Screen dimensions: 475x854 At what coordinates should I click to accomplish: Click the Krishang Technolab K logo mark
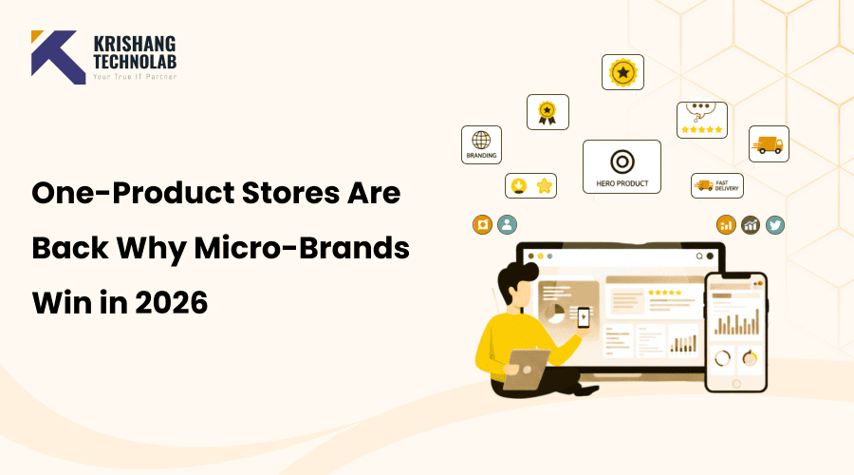(58, 56)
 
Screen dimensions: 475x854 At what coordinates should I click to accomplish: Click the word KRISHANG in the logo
(135, 45)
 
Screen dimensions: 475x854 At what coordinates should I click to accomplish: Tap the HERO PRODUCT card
(622, 166)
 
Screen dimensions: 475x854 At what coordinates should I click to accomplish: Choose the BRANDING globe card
(481, 143)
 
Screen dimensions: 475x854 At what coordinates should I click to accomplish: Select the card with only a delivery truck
(768, 143)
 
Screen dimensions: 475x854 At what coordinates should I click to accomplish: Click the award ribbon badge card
(547, 112)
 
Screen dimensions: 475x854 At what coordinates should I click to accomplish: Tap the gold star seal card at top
(622, 72)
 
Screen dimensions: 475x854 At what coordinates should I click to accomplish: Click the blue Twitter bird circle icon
(775, 224)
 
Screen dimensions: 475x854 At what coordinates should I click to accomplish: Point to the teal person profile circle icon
(508, 225)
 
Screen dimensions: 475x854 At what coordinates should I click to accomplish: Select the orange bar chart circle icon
(726, 224)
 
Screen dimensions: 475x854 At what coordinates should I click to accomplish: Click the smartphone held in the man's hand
(584, 316)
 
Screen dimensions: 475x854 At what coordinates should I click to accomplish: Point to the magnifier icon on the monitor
(700, 256)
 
